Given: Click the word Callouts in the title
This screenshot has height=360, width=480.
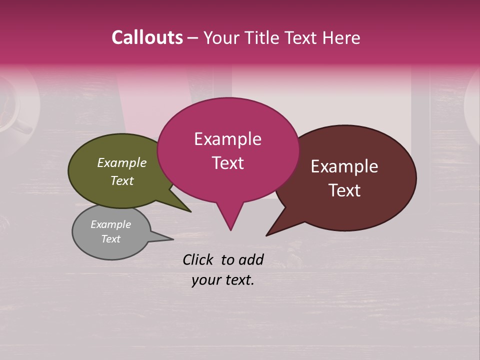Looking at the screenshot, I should pos(147,37).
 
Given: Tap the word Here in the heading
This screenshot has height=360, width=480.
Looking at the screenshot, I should pos(342,37).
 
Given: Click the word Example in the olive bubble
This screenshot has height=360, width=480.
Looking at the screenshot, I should pos(122,162).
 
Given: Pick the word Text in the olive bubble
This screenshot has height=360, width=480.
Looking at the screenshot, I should pos(122,180).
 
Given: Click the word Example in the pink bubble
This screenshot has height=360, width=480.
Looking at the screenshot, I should pos(228,139).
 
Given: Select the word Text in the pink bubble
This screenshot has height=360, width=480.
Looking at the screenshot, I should pos(228,163).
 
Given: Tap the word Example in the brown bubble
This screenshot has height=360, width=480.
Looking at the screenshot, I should pos(344,166).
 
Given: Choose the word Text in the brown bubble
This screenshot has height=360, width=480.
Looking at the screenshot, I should pos(344,190).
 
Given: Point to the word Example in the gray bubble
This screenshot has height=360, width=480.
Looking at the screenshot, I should pos(111,224).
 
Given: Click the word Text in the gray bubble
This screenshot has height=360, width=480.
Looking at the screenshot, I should pos(111,239).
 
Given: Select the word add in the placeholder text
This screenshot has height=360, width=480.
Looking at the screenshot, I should pos(251,259).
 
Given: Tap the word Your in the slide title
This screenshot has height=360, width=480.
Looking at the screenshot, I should pos(221,37).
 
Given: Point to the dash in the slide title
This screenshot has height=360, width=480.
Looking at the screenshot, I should pos(193,38).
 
